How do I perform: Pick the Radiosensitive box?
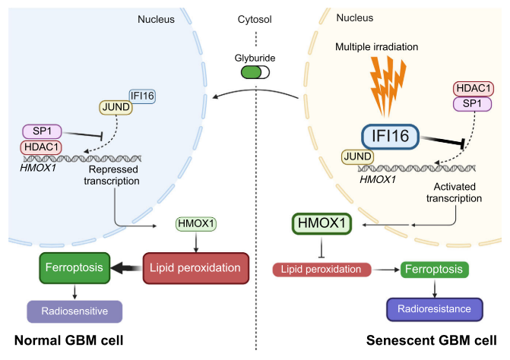pos(74,311)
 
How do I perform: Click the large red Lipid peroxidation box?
pos(196,267)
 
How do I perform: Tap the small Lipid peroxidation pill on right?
pos(322,269)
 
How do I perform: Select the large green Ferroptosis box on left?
pos(72,267)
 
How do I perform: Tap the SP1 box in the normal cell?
pos(46,131)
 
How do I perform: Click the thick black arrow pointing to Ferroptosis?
pos(125,267)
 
